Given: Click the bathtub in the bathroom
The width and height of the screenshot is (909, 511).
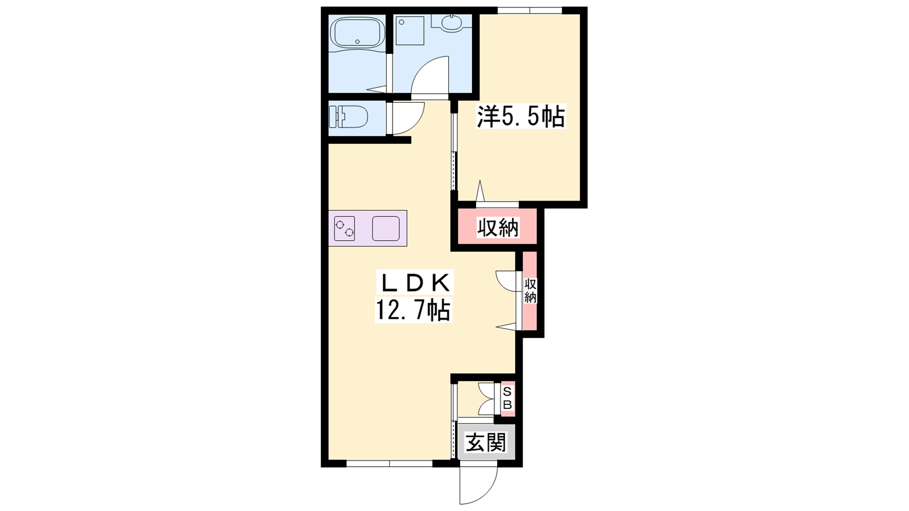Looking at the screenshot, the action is [x=357, y=33].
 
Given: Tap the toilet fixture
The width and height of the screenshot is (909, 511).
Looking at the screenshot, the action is [x=348, y=117].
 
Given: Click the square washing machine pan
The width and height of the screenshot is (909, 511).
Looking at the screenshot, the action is [x=410, y=31].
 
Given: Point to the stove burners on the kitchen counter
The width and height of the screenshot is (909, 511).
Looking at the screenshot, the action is [x=344, y=228].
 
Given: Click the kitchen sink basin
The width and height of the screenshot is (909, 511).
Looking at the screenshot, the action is [x=386, y=228].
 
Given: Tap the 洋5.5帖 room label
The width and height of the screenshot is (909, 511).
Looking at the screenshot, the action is [x=520, y=117].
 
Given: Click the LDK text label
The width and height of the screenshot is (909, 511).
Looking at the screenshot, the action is [x=415, y=283].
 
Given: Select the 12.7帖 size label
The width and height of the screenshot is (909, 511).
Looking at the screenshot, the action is [x=412, y=311].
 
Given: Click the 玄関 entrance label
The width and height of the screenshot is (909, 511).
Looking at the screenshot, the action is [x=486, y=442].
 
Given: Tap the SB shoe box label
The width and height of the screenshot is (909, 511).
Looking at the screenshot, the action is [x=508, y=399].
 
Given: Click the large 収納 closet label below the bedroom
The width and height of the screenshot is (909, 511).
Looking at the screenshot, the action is [x=498, y=228].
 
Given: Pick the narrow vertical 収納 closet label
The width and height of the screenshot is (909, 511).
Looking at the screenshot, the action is [x=531, y=290].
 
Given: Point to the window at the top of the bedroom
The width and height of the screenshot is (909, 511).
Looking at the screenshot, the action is [x=529, y=11].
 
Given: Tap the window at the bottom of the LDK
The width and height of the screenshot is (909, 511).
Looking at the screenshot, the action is [x=389, y=463].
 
